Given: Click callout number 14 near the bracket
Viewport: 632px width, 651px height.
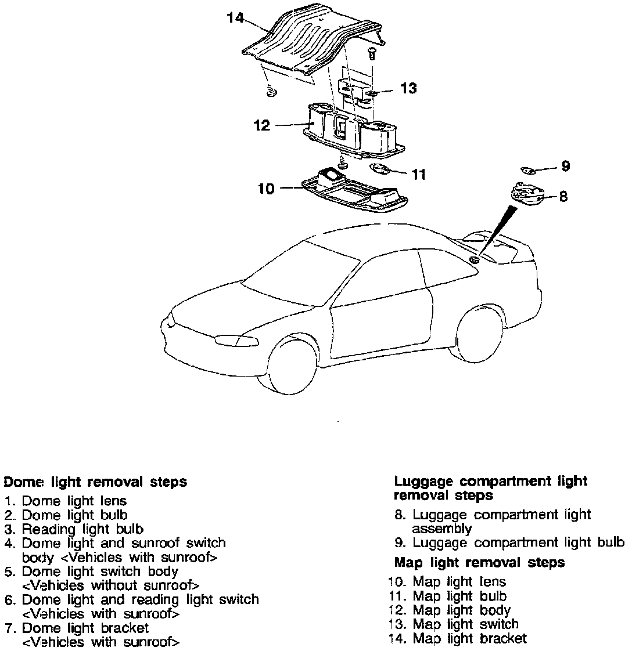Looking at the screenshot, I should (235, 18).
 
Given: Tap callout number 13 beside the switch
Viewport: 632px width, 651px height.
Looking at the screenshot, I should (408, 89).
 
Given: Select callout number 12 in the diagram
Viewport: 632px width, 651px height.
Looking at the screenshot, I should (262, 125).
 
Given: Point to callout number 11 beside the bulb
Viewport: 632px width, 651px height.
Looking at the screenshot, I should (419, 174).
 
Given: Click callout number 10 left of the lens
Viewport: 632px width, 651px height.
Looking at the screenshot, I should (266, 189).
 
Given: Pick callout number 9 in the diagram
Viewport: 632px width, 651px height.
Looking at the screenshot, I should (565, 167).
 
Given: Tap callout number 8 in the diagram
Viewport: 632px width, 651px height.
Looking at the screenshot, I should (563, 196).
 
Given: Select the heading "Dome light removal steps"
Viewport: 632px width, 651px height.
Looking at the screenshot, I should (96, 482).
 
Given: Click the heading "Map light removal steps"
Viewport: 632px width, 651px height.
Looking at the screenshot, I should (479, 562).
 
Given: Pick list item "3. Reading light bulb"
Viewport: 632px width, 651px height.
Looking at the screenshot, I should (74, 529).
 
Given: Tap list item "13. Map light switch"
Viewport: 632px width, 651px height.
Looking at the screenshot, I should (453, 624).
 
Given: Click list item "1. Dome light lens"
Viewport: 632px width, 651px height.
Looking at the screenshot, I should (66, 500).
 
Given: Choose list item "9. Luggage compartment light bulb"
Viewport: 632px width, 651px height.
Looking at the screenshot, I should (509, 543).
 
